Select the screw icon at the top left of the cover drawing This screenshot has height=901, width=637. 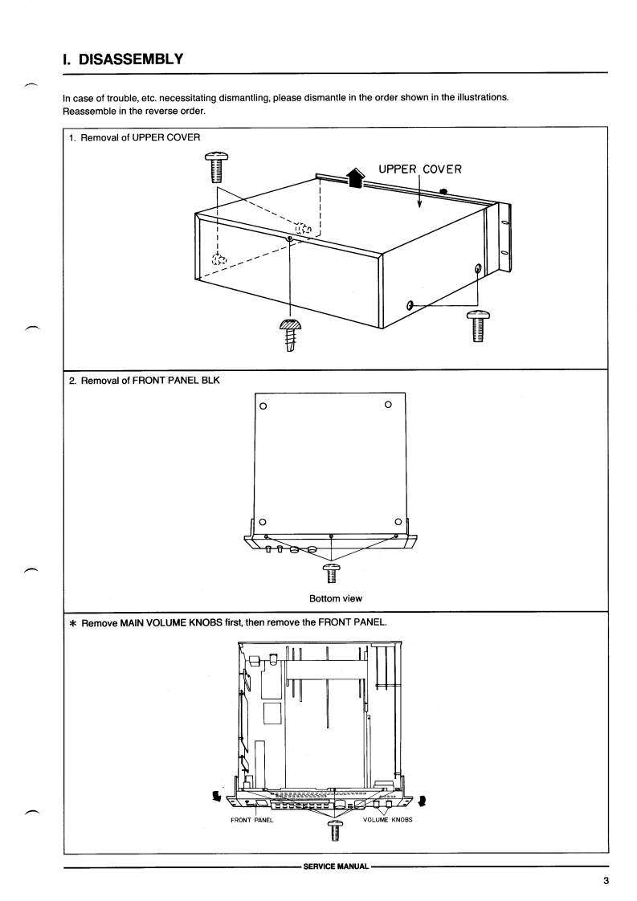[x=214, y=169]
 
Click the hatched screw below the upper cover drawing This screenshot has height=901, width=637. [x=289, y=331]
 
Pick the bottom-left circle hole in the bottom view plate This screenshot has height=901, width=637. [x=263, y=523]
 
